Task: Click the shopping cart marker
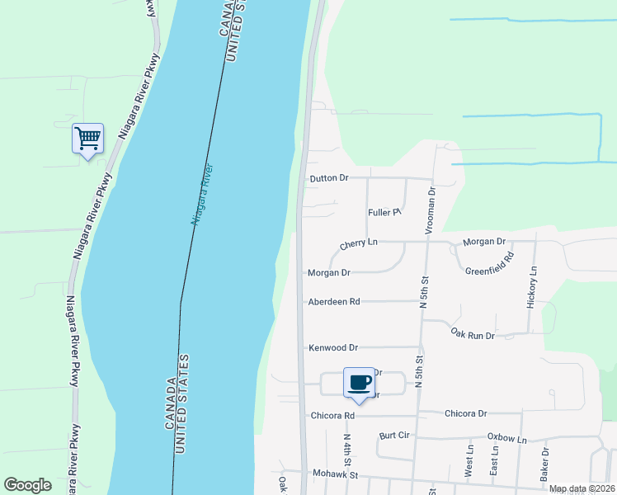coord(87,138)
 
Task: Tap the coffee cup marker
coord(359,383)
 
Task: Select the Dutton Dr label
coord(329,178)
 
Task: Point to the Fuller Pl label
coord(384,213)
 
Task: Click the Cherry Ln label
coord(359,243)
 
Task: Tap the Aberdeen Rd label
coord(333,302)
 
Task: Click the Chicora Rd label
coord(332,416)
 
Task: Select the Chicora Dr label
coord(466,413)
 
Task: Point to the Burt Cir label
coord(394,435)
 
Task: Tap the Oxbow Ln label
coord(506,439)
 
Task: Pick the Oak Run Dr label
coord(473,335)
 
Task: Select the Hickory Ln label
coord(533,287)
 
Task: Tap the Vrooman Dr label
coord(430,210)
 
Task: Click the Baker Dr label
coord(544,465)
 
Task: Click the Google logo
coord(27,485)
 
